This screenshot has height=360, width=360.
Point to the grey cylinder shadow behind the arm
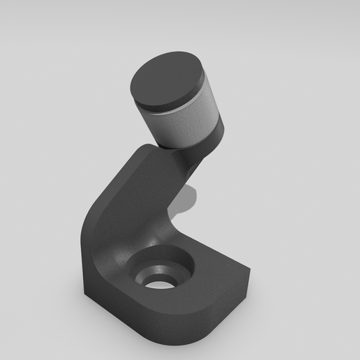point(182,203)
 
